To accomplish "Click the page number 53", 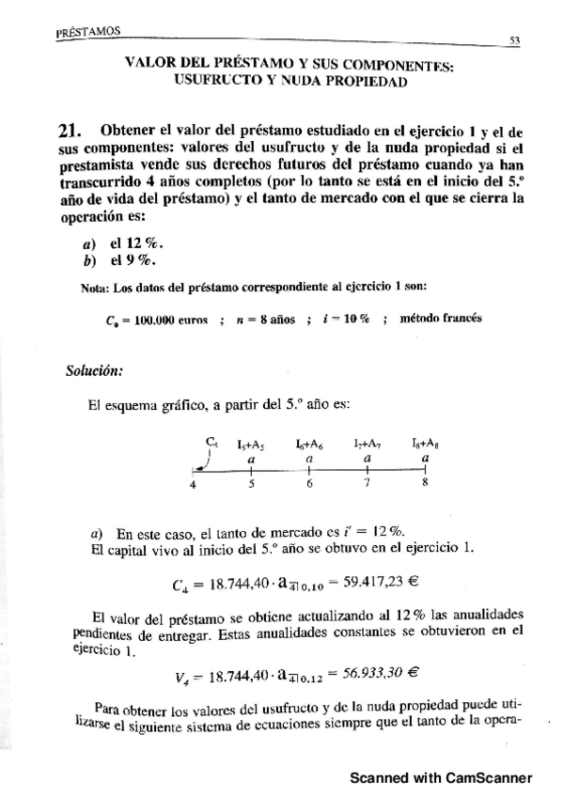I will tap(515, 41).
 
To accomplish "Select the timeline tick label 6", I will tap(309, 486).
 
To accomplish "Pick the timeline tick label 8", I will tap(426, 486).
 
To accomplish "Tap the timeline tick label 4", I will tap(193, 486).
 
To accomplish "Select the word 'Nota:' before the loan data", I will tap(97, 287).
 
